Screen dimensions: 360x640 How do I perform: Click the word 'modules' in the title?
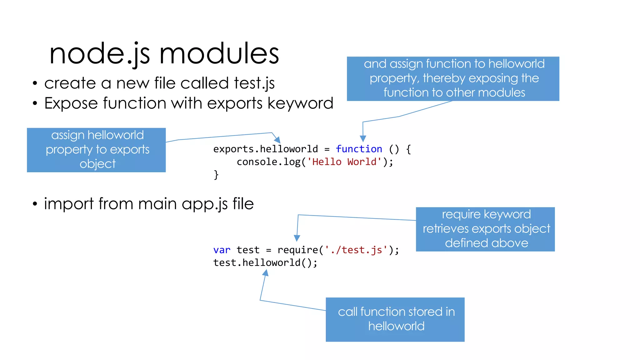[x=219, y=54]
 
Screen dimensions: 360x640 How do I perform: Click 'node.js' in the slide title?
[x=99, y=54]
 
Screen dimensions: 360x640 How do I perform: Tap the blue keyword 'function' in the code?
[x=359, y=149]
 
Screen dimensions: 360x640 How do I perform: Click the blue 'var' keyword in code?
[x=222, y=250]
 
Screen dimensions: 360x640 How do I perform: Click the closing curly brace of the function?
[x=216, y=174]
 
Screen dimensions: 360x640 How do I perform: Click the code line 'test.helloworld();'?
[x=265, y=263]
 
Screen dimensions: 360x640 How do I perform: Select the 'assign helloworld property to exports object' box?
[x=96, y=150]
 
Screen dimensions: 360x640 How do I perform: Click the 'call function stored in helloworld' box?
[x=395, y=319]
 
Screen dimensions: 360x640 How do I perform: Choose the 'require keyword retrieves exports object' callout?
[x=485, y=229]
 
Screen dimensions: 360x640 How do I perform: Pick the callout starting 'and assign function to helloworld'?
[x=453, y=78]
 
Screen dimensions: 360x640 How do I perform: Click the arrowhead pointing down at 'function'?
[x=363, y=139]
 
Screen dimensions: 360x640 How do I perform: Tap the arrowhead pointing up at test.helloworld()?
[x=265, y=273]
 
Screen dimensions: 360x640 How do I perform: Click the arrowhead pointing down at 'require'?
[x=297, y=238]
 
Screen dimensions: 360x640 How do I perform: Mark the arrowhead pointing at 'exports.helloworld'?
[x=277, y=140]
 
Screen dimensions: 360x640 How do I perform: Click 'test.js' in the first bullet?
[x=254, y=83]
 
